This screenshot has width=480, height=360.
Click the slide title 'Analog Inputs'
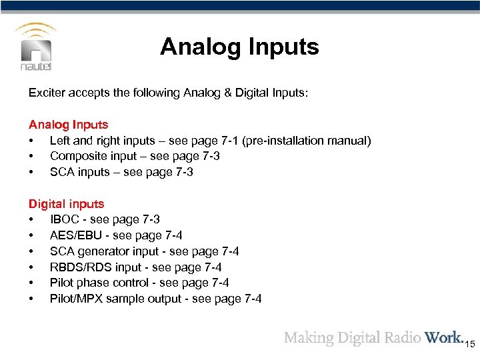(x=239, y=47)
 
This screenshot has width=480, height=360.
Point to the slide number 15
(x=469, y=344)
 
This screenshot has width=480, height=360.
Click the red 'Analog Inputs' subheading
(x=68, y=125)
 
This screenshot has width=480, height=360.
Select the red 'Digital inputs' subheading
(x=66, y=204)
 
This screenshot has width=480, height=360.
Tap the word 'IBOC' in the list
(x=64, y=219)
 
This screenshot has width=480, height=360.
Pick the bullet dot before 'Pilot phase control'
(x=31, y=283)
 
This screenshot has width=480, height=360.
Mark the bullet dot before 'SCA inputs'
(x=31, y=172)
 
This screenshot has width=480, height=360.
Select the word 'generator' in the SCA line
(x=102, y=251)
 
